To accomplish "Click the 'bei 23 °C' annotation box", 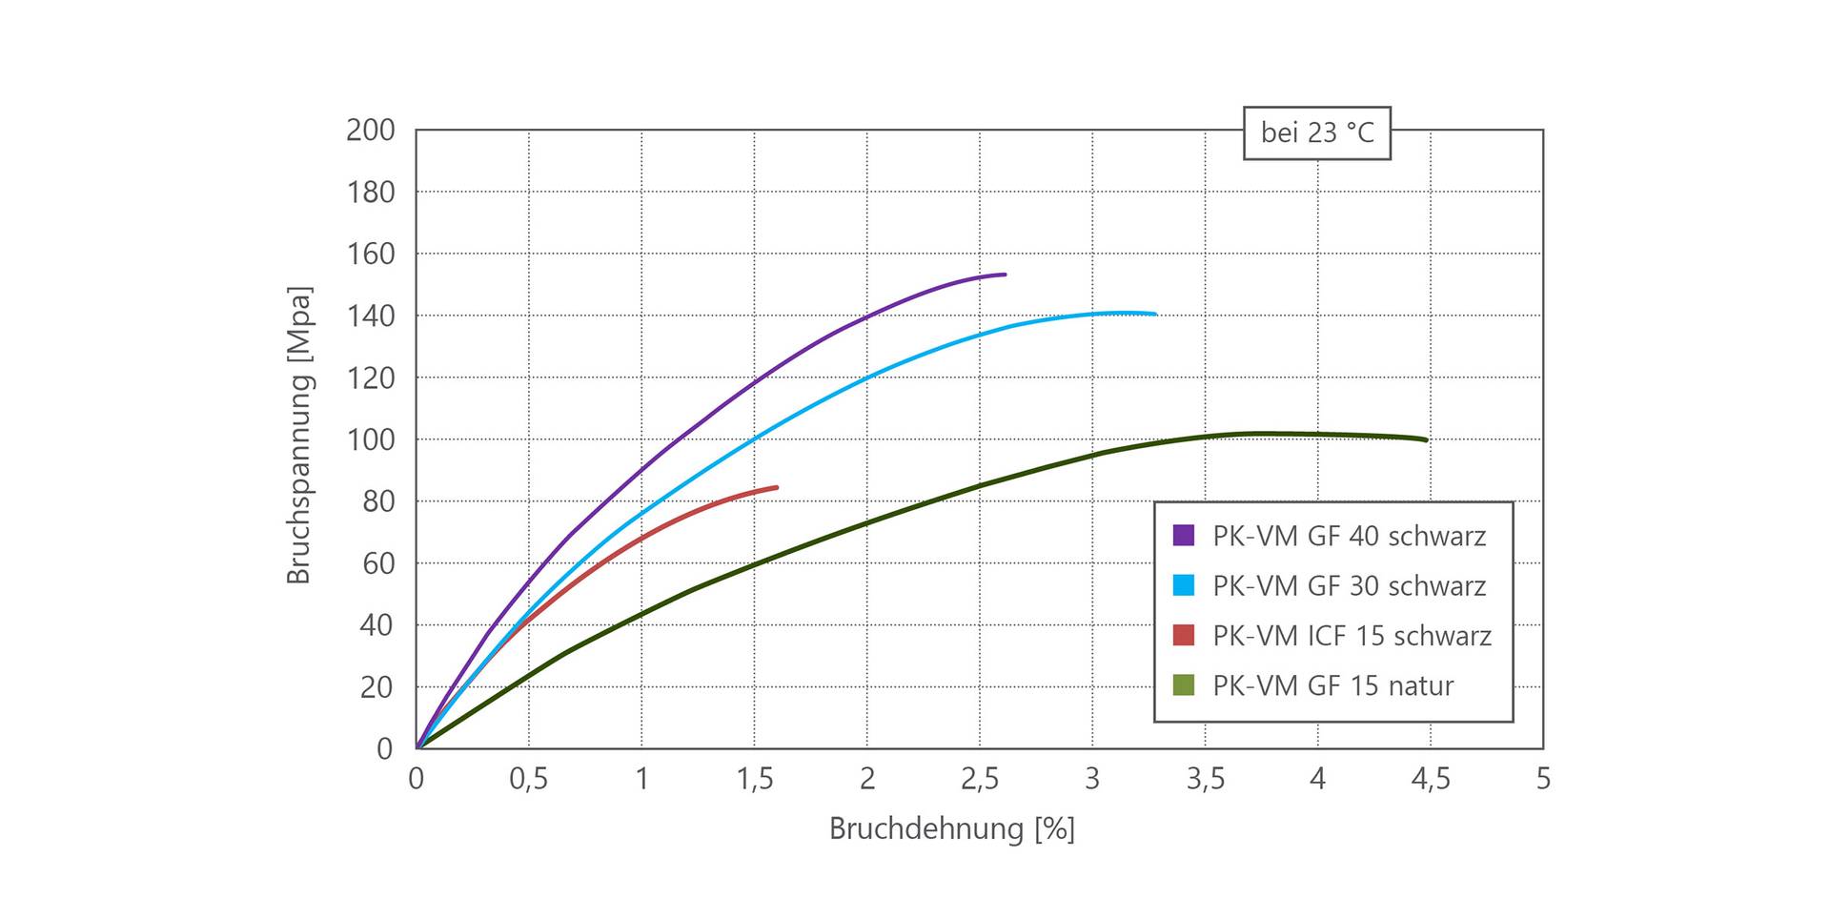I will (1316, 133).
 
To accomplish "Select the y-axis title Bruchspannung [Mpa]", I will (299, 435).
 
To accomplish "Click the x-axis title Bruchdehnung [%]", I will (951, 828).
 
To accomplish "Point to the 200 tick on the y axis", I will (371, 130).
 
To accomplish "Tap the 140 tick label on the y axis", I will (371, 316).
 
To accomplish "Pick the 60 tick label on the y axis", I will (377, 563).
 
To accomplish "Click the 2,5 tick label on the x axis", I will (980, 779).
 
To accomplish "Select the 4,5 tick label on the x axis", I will (1430, 779).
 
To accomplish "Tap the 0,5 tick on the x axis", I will (529, 779).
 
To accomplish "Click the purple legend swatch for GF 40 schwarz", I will (1183, 535).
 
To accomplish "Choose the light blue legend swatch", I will (1183, 585).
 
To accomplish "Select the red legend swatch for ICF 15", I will (1183, 635).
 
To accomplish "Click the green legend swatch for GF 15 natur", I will (1183, 684).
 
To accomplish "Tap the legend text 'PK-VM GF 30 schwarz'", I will (1349, 585).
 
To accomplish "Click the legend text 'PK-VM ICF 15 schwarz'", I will (1352, 635).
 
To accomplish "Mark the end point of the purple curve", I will (1005, 275).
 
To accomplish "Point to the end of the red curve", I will (776, 487).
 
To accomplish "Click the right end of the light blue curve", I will (1155, 314).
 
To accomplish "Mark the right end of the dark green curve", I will (1426, 439).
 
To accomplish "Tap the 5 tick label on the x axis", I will (1543, 779).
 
